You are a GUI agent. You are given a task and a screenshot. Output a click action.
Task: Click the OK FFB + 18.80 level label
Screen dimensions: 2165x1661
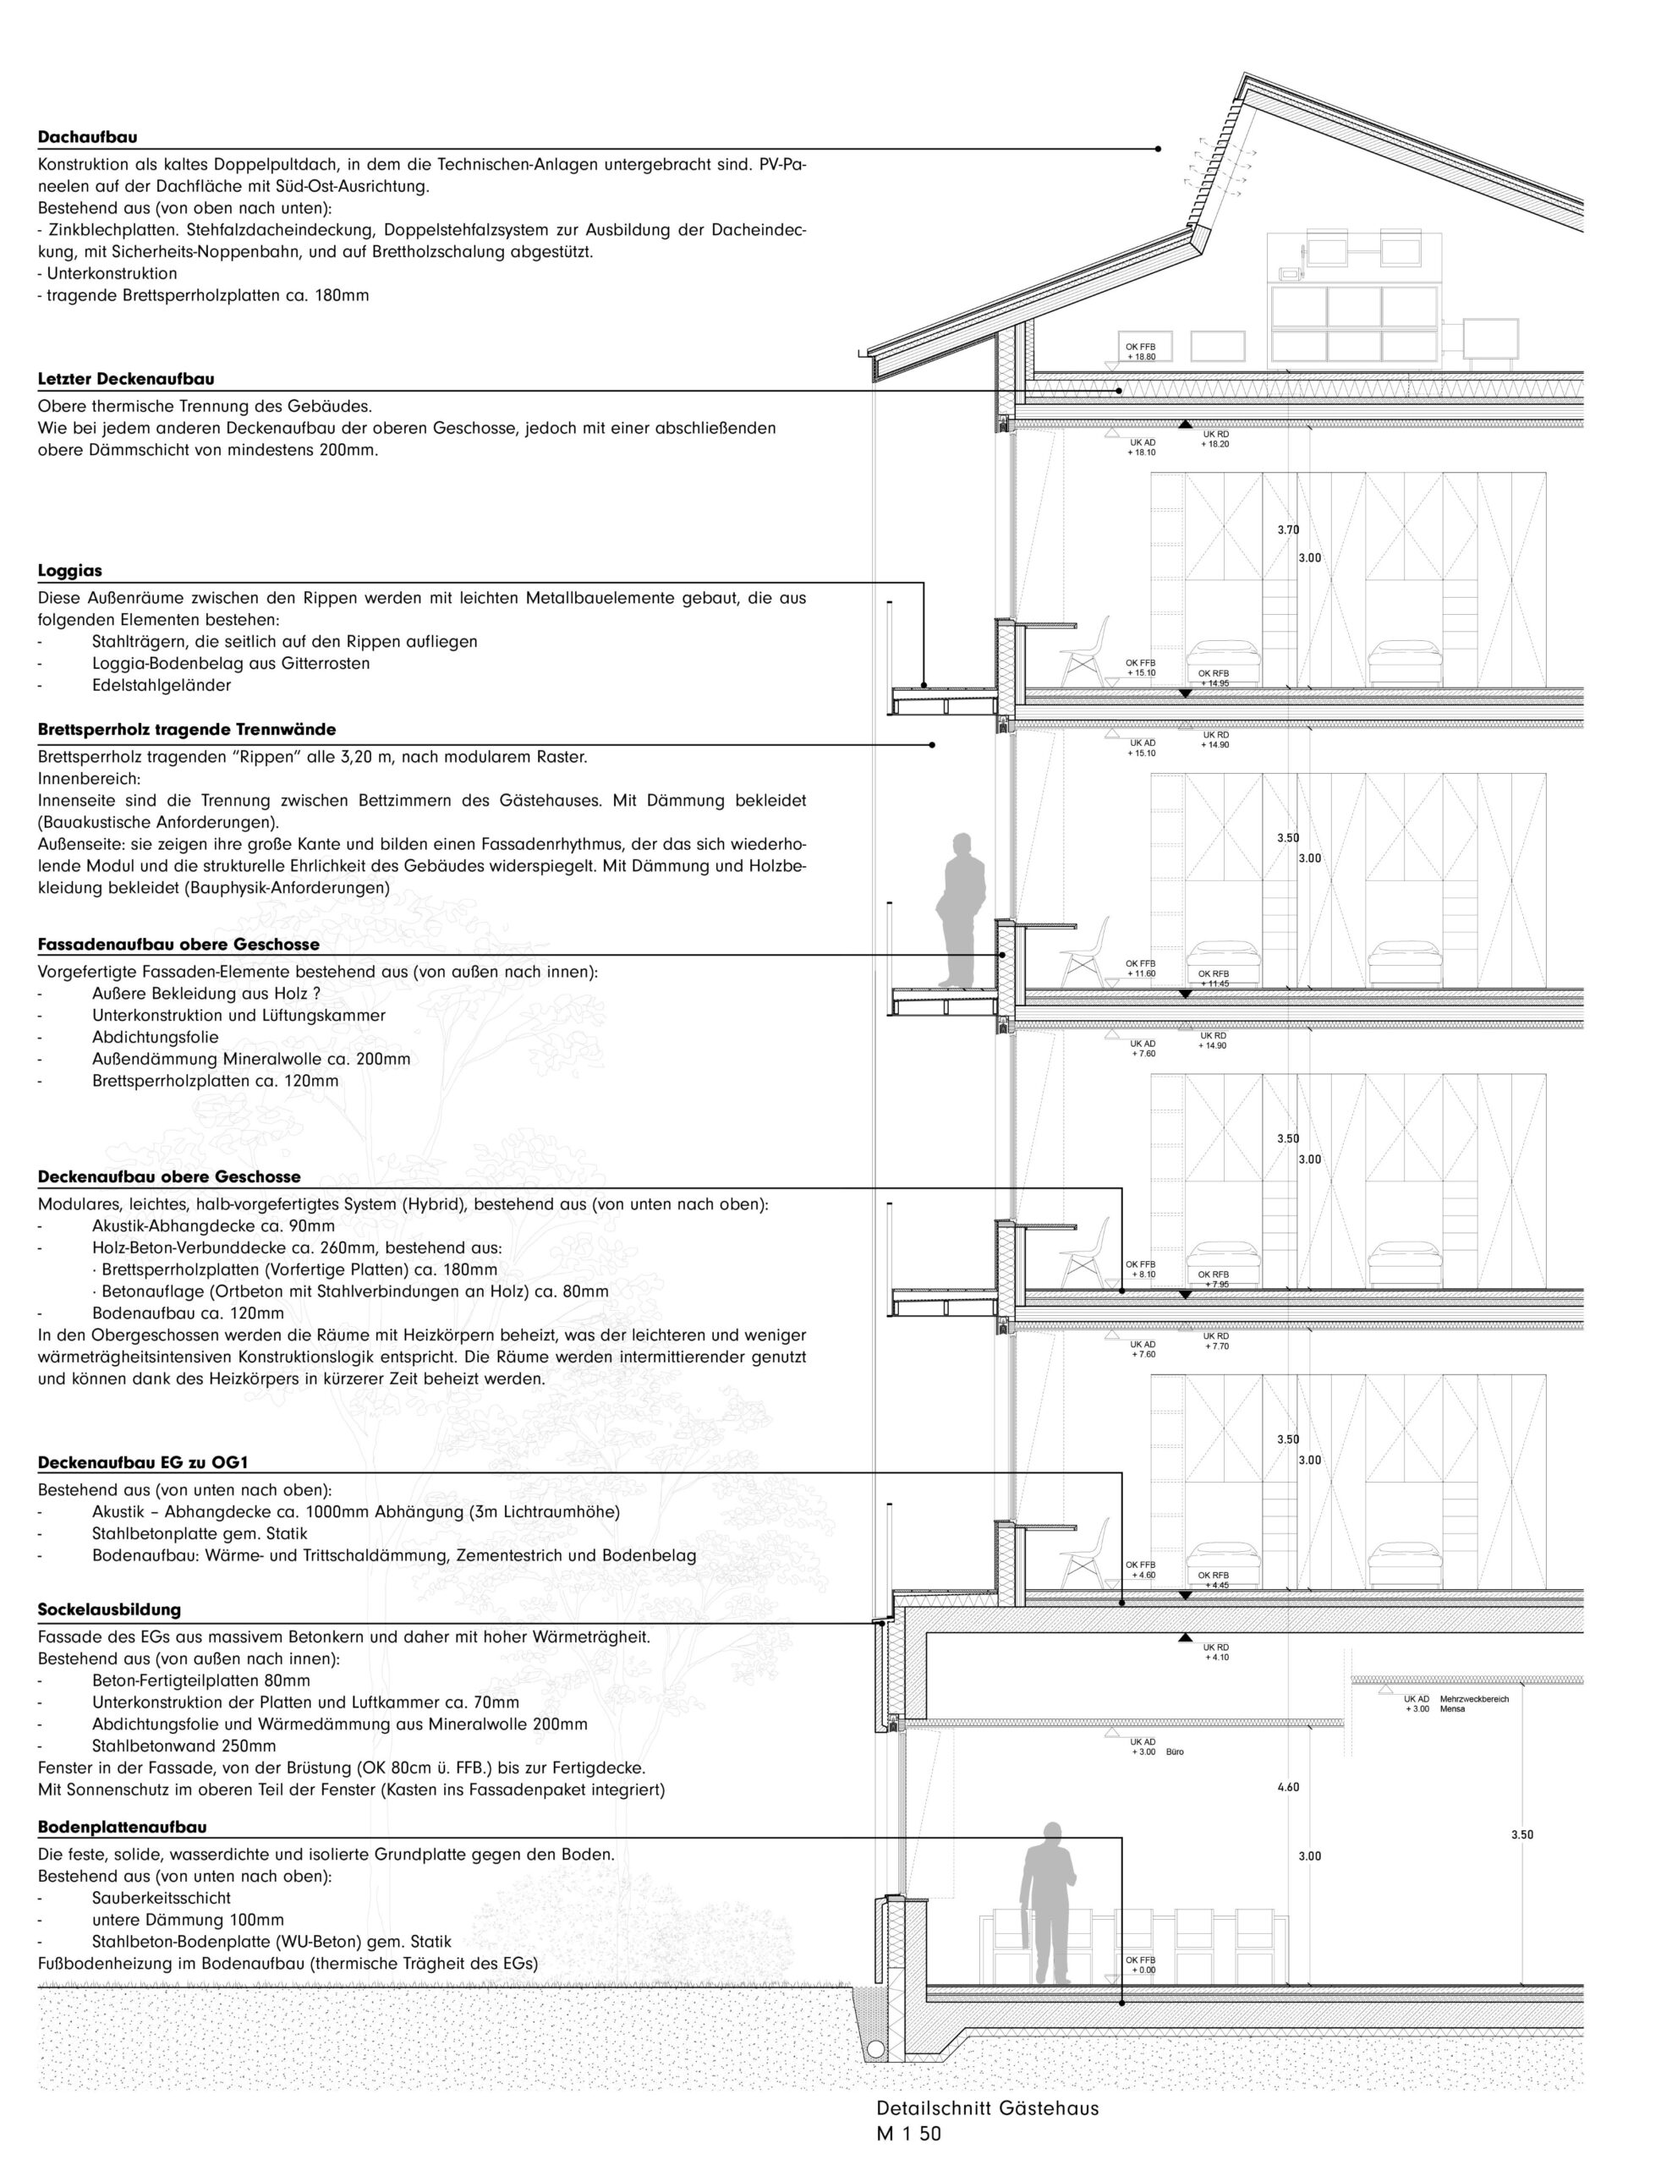[1140, 352]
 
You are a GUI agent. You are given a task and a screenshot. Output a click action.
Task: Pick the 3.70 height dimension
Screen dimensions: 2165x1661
[1287, 530]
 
